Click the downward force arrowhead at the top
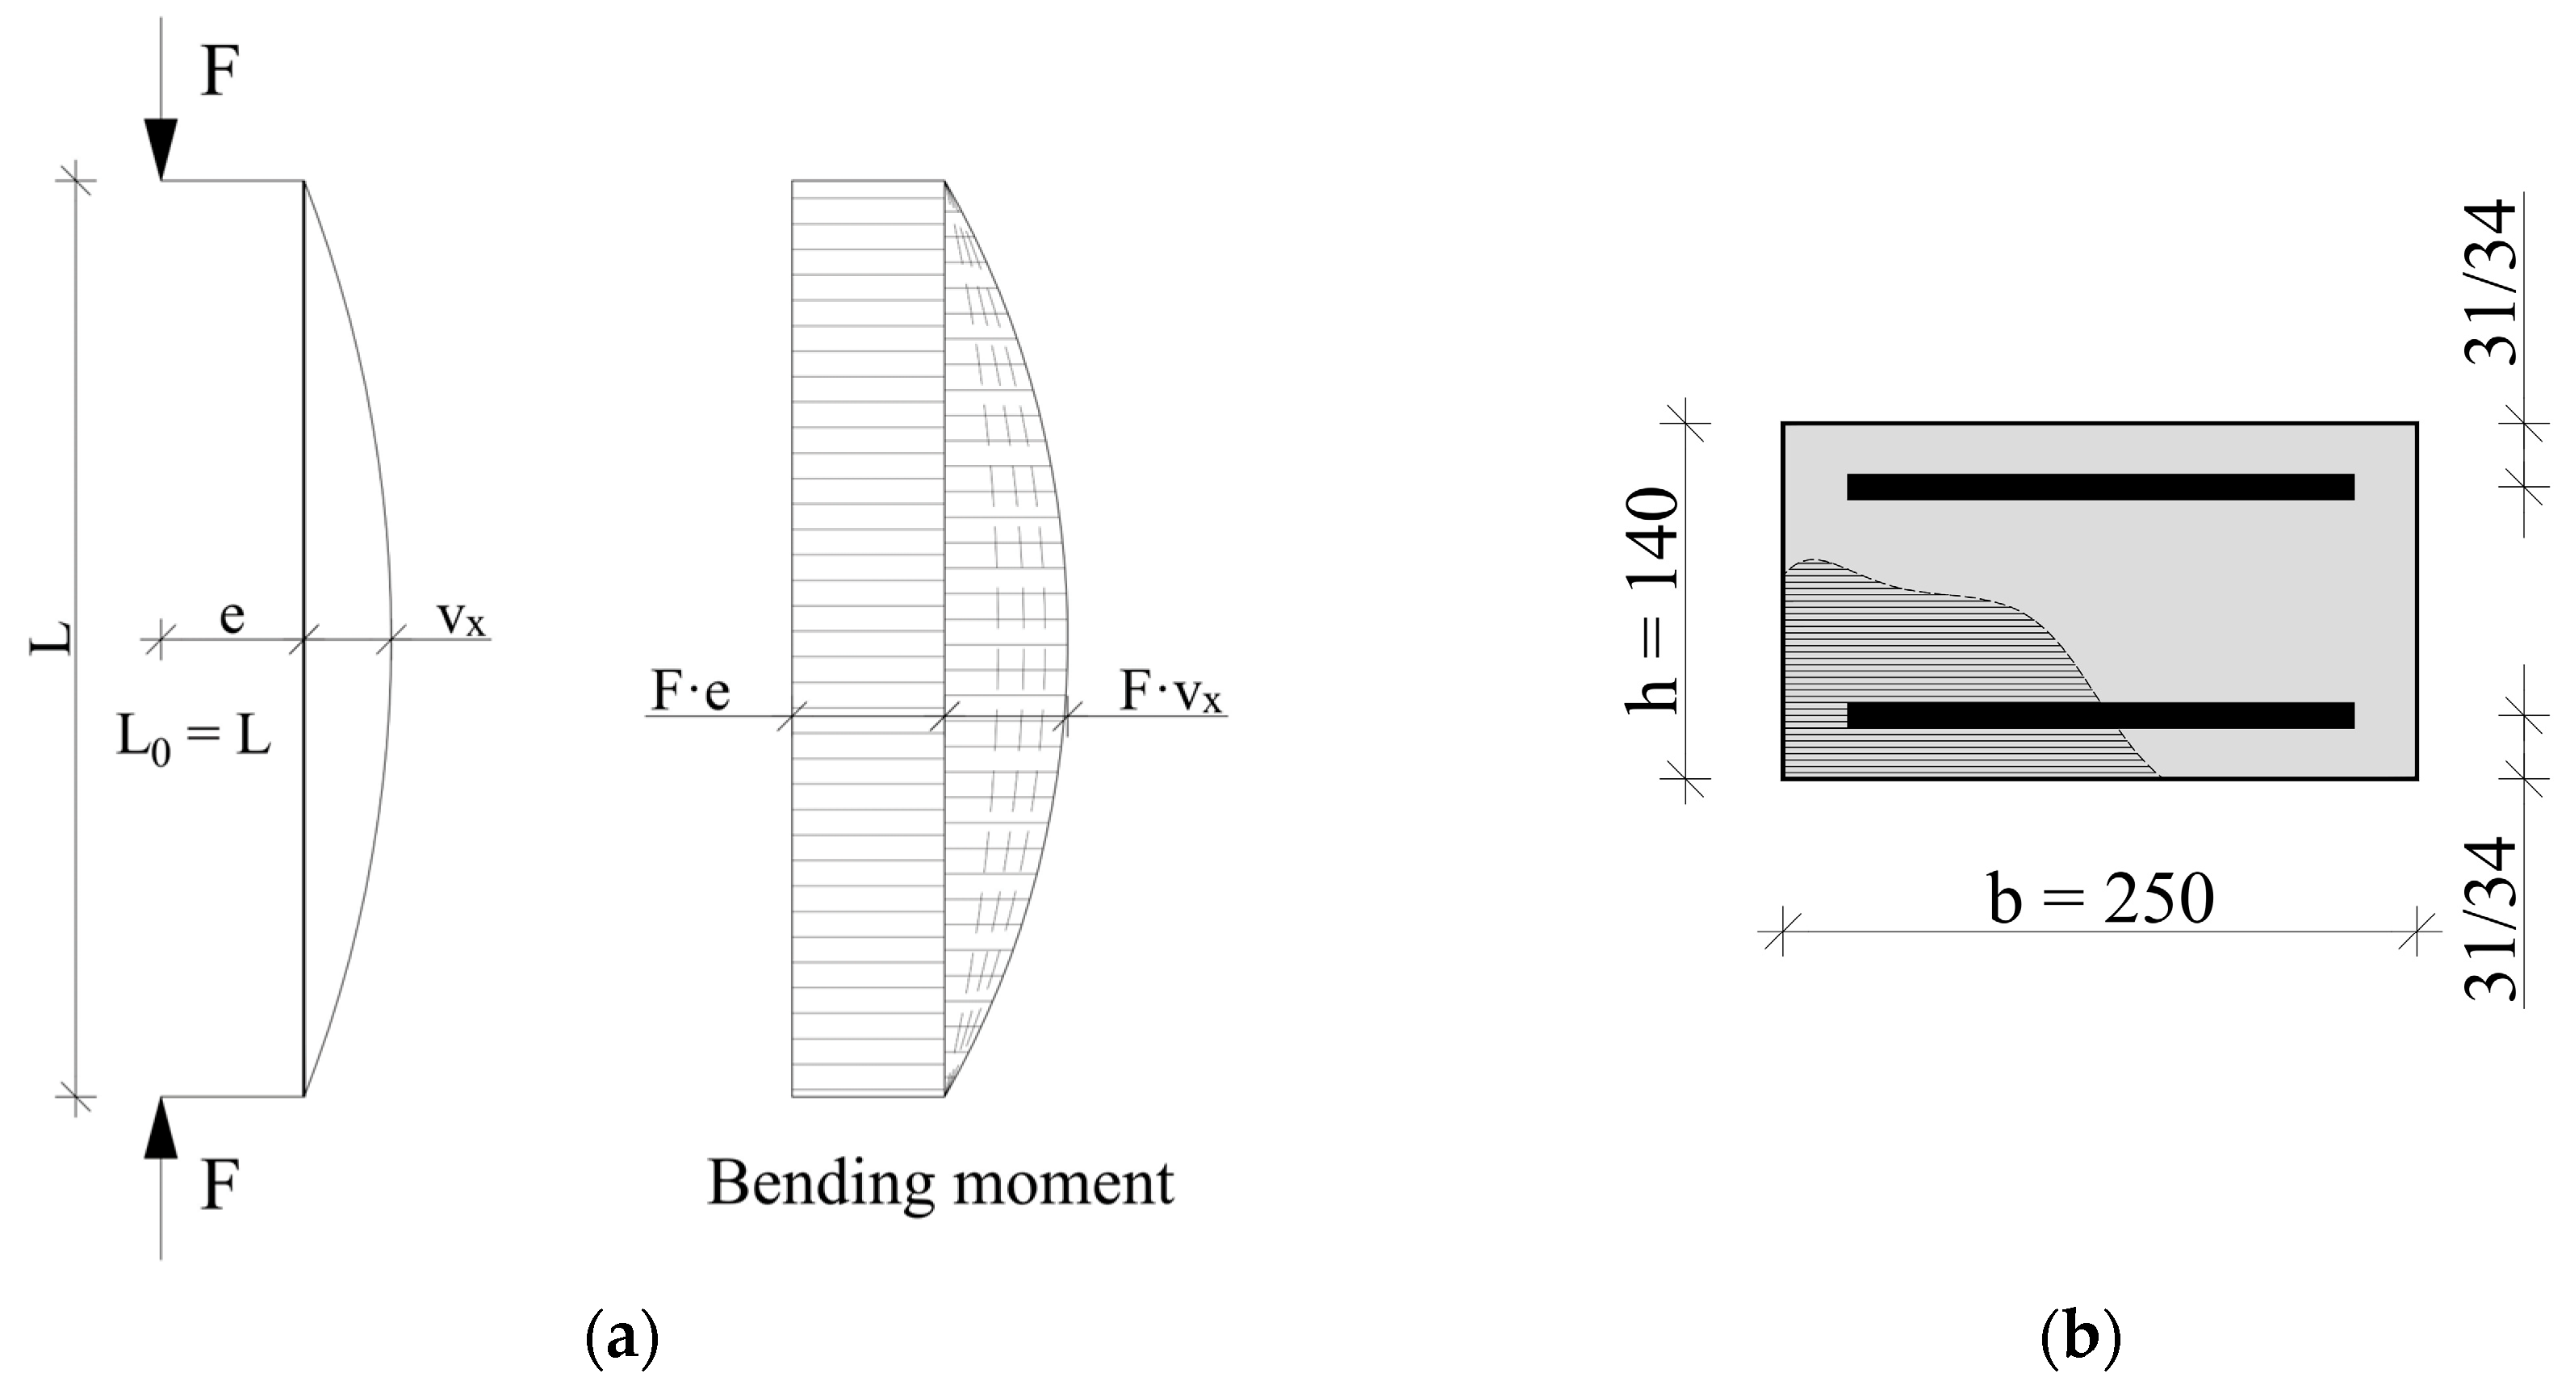(x=161, y=148)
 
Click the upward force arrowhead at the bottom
(x=161, y=1128)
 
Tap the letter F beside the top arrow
(x=220, y=72)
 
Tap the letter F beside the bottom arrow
(x=220, y=1187)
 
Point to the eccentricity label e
(x=232, y=616)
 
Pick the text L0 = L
(x=194, y=739)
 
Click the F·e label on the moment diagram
(x=690, y=690)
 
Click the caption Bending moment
(x=940, y=1183)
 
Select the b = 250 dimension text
(x=2100, y=899)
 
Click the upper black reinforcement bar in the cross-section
(x=2100, y=487)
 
